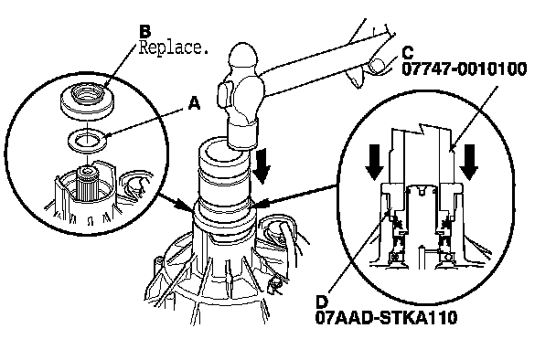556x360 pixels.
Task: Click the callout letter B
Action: pyautogui.click(x=145, y=31)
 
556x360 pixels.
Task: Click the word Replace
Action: pyautogui.click(x=173, y=48)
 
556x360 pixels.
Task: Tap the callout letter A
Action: pyautogui.click(x=194, y=103)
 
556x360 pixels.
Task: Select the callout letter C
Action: pyautogui.click(x=408, y=53)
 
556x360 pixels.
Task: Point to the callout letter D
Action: pyautogui.click(x=322, y=302)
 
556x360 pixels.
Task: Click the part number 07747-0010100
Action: pyautogui.click(x=465, y=69)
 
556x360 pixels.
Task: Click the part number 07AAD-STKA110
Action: pyautogui.click(x=386, y=318)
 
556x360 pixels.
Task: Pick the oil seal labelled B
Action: pyautogui.click(x=87, y=101)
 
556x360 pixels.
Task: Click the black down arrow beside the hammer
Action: pyautogui.click(x=262, y=166)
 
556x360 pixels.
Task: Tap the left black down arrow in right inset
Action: pyautogui.click(x=374, y=163)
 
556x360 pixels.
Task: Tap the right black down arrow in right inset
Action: pyautogui.click(x=469, y=163)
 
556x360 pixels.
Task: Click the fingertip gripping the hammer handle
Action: pyautogui.click(x=377, y=66)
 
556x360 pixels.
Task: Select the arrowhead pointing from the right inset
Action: pyautogui.click(x=262, y=205)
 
